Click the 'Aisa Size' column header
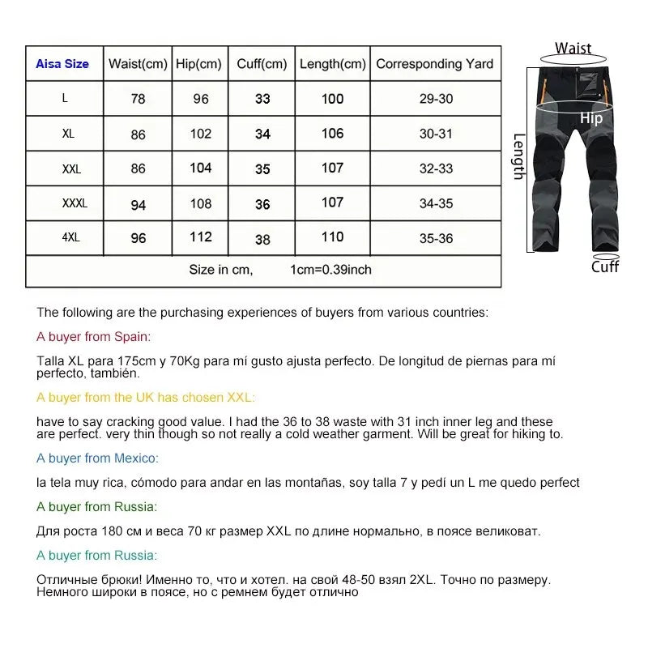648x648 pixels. click(62, 64)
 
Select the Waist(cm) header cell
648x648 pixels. click(138, 64)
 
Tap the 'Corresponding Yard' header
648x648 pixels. click(435, 64)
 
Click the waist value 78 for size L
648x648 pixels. click(139, 99)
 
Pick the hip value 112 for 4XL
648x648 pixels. click(201, 237)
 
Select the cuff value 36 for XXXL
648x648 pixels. click(262, 204)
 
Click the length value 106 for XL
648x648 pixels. click(332, 134)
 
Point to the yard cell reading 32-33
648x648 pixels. click(436, 169)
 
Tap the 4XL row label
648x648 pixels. click(70, 238)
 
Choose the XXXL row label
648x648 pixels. click(75, 203)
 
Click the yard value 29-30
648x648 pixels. click(436, 99)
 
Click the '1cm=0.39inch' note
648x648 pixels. click(330, 270)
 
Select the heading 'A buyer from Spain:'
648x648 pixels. click(94, 337)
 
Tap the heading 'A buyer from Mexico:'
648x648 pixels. click(97, 458)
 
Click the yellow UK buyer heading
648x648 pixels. click(146, 397)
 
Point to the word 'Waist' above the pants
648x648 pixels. click(573, 49)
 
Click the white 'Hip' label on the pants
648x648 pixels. click(591, 119)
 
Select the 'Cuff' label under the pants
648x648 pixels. click(604, 266)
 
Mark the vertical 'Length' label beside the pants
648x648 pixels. click(519, 156)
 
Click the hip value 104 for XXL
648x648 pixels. click(201, 168)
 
